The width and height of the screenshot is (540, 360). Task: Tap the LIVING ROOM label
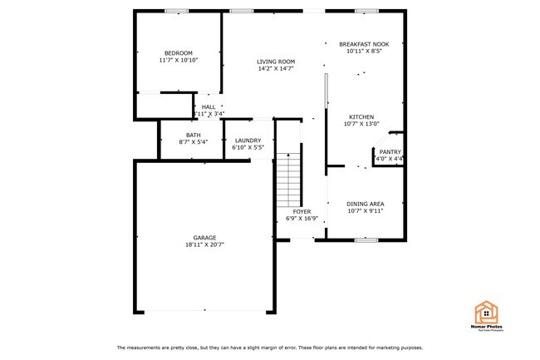[x=275, y=61]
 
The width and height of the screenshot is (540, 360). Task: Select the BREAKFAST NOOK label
[x=364, y=43]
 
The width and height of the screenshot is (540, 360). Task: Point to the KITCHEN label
[x=361, y=117]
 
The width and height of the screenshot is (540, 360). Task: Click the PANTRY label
[x=390, y=151]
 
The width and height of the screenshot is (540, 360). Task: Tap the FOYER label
[x=302, y=212]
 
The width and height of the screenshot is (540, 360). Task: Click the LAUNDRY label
[x=248, y=141]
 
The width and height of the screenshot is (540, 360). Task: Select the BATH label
[x=193, y=135]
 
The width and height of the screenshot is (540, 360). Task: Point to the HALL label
[x=208, y=106]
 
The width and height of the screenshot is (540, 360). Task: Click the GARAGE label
[x=204, y=238]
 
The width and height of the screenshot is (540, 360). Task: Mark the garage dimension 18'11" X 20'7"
[x=204, y=245]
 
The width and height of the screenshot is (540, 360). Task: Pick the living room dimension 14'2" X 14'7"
[x=275, y=68]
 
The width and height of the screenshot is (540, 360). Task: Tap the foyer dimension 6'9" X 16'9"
[x=302, y=219]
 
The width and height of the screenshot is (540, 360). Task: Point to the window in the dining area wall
[x=366, y=240]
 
